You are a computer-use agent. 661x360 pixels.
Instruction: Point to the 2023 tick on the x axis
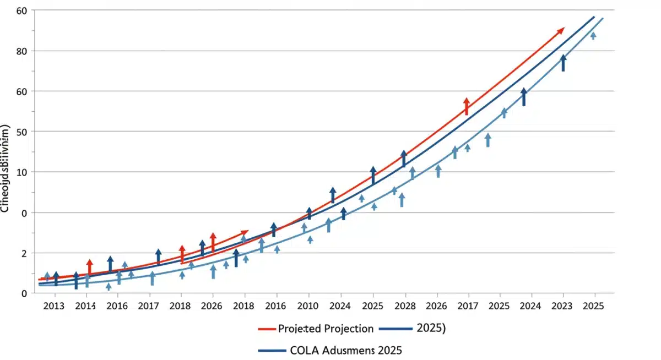point(562,306)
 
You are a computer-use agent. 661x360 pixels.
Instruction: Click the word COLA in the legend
point(303,350)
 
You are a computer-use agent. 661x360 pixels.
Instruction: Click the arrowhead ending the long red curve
point(561,30)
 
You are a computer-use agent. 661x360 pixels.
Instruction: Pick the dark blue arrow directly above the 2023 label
point(563,62)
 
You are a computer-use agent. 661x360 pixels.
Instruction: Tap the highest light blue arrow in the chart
point(593,35)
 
